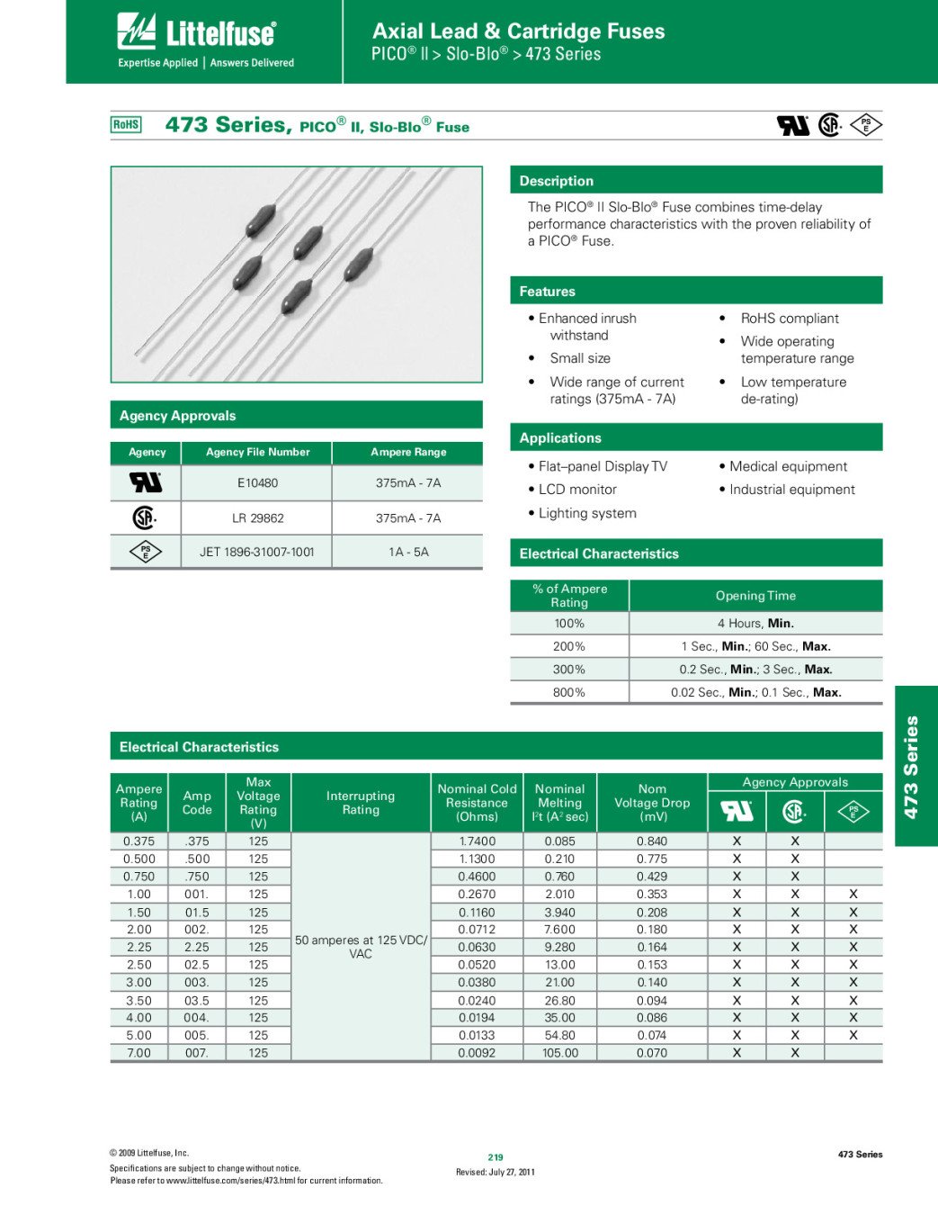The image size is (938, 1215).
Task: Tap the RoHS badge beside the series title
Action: tap(126, 125)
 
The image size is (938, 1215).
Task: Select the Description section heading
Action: tap(557, 181)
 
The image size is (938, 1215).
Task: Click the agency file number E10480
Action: tap(257, 483)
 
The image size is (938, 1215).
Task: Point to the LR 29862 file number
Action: tap(257, 518)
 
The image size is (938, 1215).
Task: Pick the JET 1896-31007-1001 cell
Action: tap(257, 552)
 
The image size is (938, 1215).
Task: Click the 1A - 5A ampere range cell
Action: tap(408, 552)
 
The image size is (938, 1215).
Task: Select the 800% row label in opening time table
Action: tap(568, 692)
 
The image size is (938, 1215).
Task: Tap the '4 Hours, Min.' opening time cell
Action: tap(755, 623)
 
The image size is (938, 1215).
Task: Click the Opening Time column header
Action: tap(755, 596)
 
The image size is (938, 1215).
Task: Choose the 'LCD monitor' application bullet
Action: tap(577, 490)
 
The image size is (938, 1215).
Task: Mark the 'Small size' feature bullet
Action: tap(580, 358)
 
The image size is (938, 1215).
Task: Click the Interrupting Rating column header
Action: tap(361, 803)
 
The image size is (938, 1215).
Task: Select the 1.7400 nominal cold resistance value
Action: tap(477, 841)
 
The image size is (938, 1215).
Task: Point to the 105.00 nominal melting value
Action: tap(560, 1053)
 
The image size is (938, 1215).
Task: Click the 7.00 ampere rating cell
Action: tap(138, 1053)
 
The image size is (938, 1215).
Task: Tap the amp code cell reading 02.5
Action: tap(197, 965)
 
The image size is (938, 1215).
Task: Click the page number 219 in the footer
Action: tap(496, 1157)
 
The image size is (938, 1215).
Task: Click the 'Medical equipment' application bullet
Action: tap(788, 466)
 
